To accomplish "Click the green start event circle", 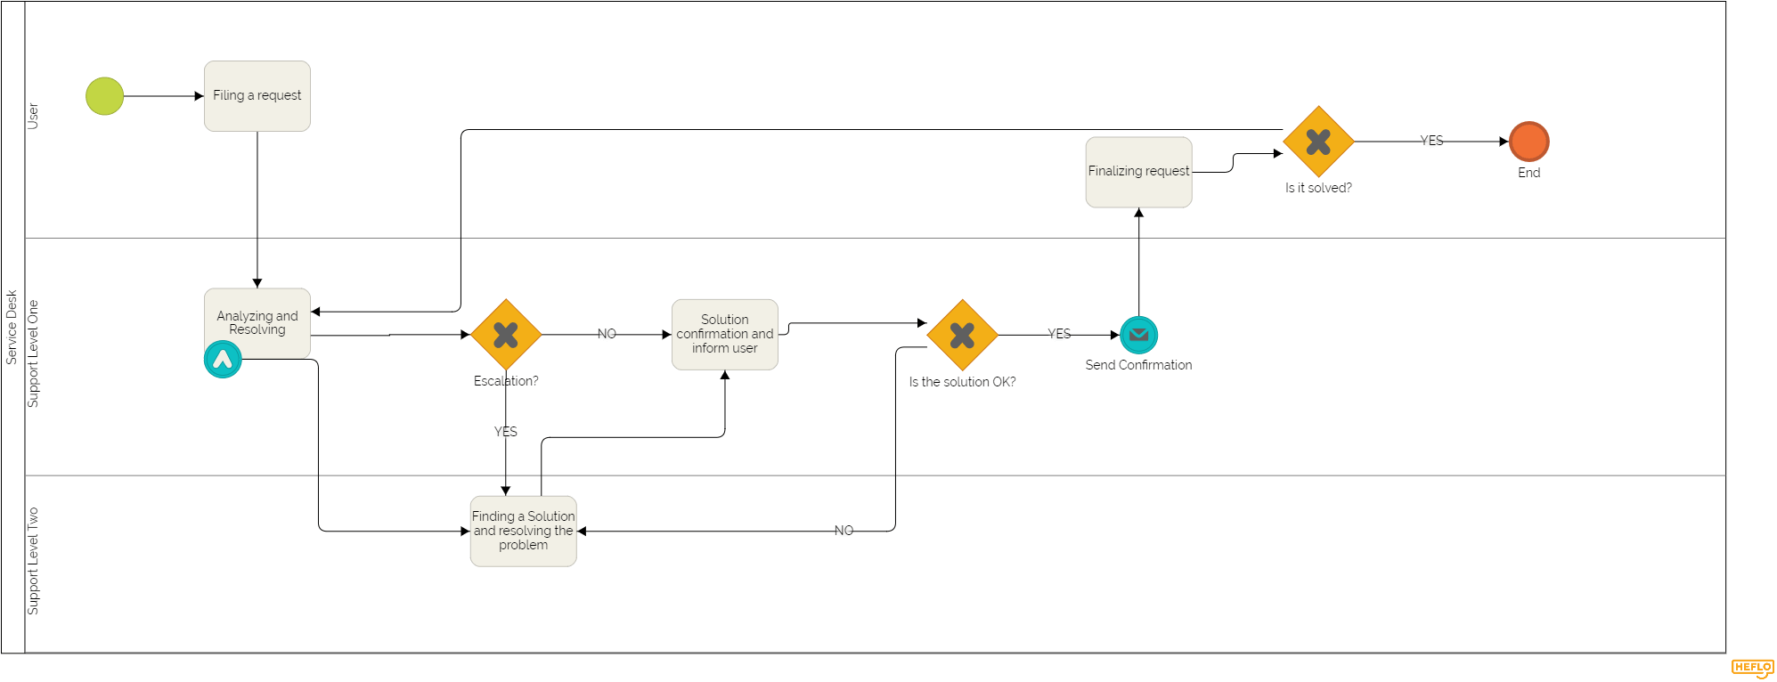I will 104,96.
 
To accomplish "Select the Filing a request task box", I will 257,96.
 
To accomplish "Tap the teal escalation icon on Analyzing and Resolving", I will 223,360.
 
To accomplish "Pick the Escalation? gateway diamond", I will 506,335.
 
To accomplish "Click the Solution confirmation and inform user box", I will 724,334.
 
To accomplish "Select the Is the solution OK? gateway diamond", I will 962,335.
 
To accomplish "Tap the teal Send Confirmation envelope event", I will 1138,336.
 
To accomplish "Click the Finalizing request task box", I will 1138,172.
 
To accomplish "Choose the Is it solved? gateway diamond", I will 1318,142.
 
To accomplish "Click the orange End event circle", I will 1528,142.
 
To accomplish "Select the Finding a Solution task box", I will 523,531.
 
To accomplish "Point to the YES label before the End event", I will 1431,141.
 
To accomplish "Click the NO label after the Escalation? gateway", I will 607,334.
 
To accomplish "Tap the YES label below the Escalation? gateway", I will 505,432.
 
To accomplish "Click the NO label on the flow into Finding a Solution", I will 844,531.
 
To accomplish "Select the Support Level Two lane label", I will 33,561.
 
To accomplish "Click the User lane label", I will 33,116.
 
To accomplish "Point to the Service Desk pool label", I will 12,327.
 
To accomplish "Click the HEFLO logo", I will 1752,668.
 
